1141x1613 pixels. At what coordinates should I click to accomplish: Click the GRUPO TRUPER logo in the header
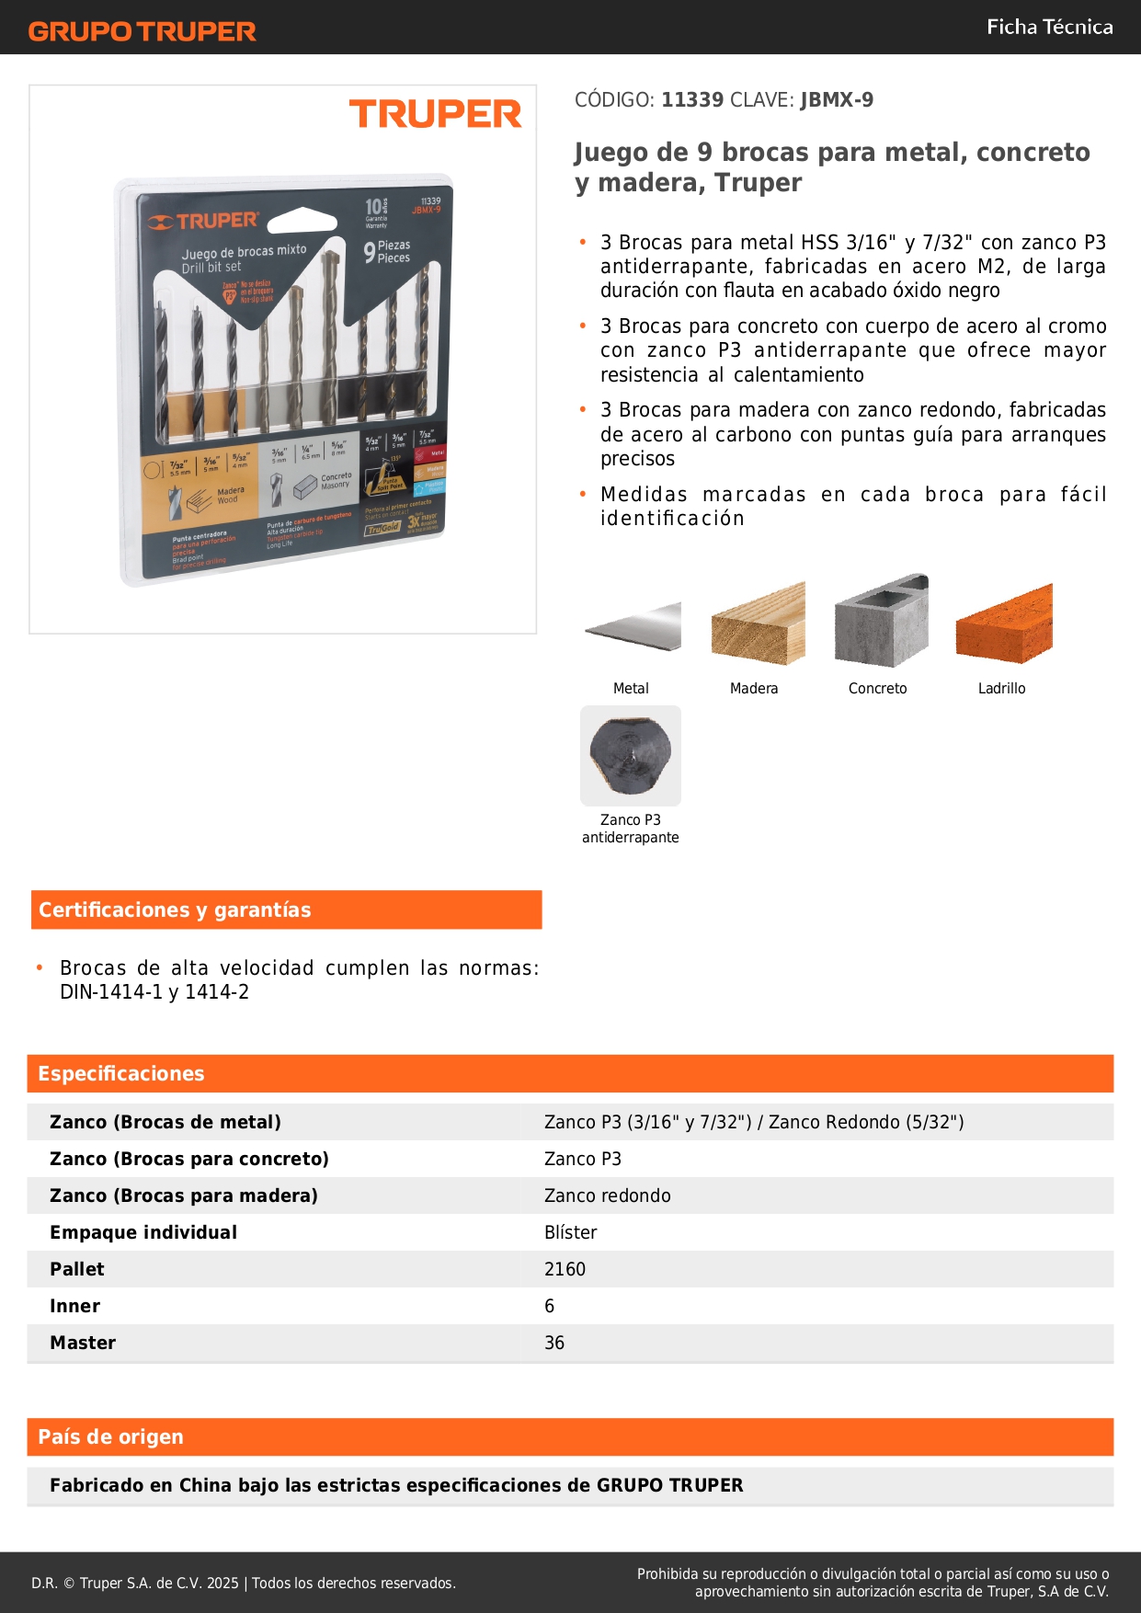point(142,31)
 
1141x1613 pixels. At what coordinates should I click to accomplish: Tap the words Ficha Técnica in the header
point(1049,27)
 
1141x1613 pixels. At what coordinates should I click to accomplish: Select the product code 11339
point(692,99)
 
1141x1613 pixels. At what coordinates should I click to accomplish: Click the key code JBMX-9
point(837,99)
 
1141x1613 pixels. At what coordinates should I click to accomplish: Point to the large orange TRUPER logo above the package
point(435,114)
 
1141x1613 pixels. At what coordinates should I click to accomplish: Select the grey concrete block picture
point(881,621)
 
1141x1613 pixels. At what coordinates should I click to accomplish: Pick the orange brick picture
point(1003,623)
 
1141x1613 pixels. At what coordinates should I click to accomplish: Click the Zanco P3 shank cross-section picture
point(631,755)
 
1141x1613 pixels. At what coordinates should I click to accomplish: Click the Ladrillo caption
point(1001,688)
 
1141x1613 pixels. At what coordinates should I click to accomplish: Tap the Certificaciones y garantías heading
point(175,909)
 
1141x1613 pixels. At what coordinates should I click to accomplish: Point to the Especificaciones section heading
point(121,1073)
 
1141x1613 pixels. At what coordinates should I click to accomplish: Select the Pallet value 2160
point(565,1269)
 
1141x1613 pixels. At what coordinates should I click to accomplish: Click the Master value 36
point(554,1343)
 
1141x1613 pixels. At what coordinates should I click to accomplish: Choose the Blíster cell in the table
point(571,1232)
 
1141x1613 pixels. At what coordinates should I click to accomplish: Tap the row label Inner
point(75,1306)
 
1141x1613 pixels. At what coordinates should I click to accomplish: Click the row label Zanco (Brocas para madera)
point(184,1195)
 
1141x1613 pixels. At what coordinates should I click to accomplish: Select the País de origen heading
point(111,1436)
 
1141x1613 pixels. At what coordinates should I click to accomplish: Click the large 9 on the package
point(369,252)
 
